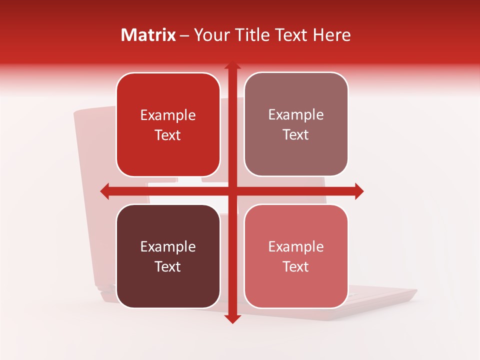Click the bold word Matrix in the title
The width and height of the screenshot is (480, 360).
coord(148,35)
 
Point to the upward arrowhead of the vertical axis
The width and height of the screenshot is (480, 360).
coord(232,66)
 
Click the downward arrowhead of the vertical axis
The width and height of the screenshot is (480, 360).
coord(232,318)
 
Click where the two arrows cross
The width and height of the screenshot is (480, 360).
coord(232,191)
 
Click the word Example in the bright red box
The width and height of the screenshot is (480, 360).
coord(168,115)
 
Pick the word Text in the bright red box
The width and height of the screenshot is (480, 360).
coord(168,135)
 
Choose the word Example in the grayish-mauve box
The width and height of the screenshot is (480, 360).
coord(296,115)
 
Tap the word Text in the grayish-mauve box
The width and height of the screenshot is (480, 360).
coord(296,135)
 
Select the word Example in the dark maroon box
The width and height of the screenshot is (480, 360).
coord(168,247)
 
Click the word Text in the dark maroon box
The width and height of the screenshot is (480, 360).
coord(168,267)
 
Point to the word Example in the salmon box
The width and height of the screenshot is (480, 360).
coord(296,247)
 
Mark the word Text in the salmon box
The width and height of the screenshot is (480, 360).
coord(296,267)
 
